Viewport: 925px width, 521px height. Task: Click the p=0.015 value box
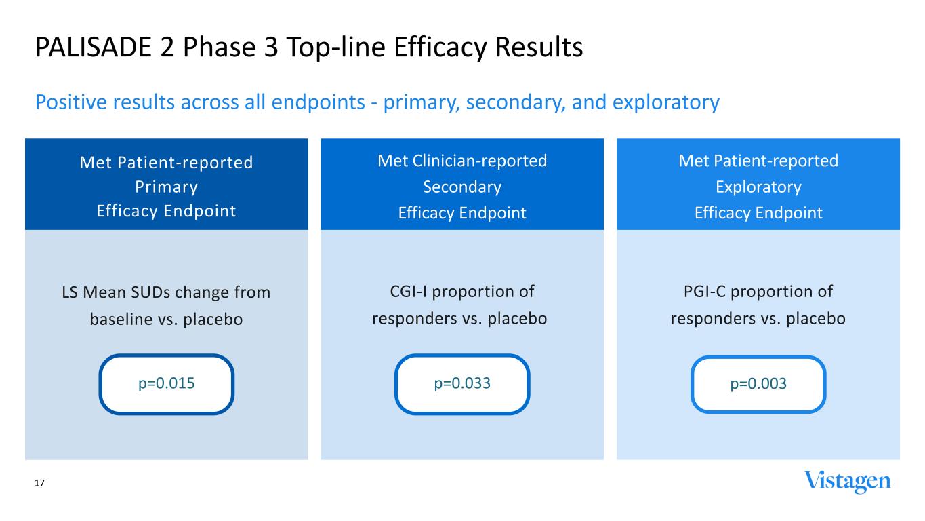click(167, 384)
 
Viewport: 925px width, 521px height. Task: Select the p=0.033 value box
click(462, 384)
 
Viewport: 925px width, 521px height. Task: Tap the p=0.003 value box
click(758, 385)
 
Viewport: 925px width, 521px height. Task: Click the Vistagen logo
click(847, 481)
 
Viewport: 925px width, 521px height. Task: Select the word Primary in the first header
click(167, 187)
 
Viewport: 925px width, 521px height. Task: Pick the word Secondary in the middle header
click(462, 187)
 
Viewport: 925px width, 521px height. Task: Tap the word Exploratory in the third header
click(758, 187)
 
